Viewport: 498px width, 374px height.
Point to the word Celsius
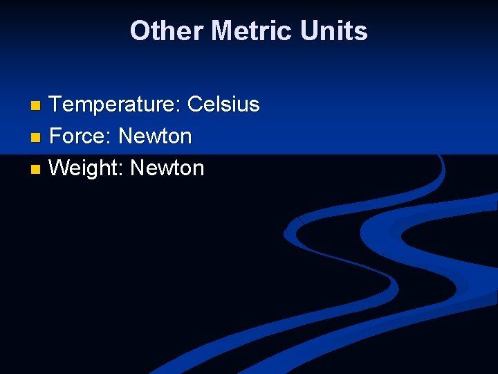tap(223, 105)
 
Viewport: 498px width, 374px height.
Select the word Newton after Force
tap(155, 136)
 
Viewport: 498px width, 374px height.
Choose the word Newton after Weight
tap(167, 168)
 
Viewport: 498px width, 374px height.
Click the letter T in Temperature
tap(56, 105)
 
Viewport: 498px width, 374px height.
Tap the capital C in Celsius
tap(196, 105)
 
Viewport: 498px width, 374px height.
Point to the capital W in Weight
tap(60, 168)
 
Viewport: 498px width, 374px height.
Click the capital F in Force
tap(55, 136)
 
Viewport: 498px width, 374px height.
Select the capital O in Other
tap(140, 31)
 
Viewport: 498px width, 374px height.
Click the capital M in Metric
tap(223, 31)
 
